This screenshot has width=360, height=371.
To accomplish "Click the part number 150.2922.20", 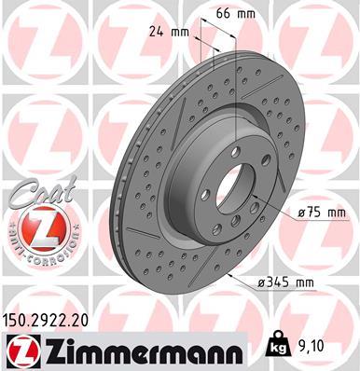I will pos(55,320).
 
